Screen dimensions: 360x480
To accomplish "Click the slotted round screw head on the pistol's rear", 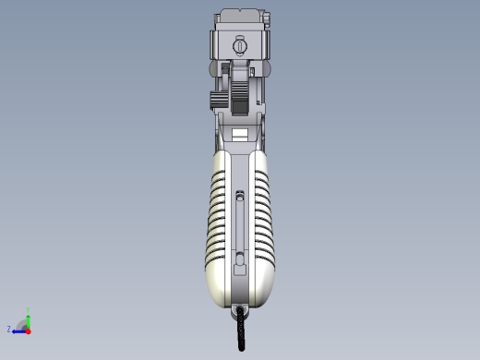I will coord(240,45).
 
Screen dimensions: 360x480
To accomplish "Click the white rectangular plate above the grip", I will coord(240,134).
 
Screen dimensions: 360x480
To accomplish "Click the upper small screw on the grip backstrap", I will coord(240,195).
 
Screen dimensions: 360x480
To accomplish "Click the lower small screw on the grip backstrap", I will coord(240,257).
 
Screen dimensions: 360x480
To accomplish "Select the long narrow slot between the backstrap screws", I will coord(240,226).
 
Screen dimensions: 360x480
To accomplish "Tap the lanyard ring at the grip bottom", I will coord(241,310).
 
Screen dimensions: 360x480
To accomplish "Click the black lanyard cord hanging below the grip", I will coord(242,332).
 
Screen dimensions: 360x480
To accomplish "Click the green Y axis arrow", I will coord(29,318).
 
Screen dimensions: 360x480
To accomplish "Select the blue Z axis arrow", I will coord(18,330).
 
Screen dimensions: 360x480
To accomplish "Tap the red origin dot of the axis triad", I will coord(29,330).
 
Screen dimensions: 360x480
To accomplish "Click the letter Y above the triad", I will coord(29,309).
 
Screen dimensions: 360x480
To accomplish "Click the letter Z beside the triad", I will coord(9,330).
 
